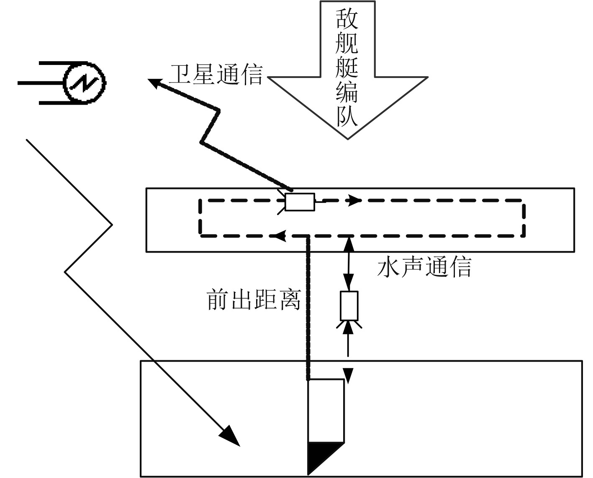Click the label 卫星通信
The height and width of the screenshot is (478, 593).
tap(216, 75)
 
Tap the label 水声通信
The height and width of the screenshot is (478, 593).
tap(424, 267)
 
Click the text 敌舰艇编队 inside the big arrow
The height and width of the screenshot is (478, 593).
tap(347, 67)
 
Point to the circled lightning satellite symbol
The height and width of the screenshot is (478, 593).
tap(85, 83)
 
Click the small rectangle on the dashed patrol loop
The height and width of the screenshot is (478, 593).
tap(300, 202)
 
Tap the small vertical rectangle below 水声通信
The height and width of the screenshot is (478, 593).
tap(349, 306)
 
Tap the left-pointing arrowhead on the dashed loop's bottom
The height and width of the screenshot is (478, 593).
tap(280, 236)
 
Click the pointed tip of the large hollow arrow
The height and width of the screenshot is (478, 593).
tap(348, 137)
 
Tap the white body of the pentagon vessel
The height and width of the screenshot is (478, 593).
tap(326, 411)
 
